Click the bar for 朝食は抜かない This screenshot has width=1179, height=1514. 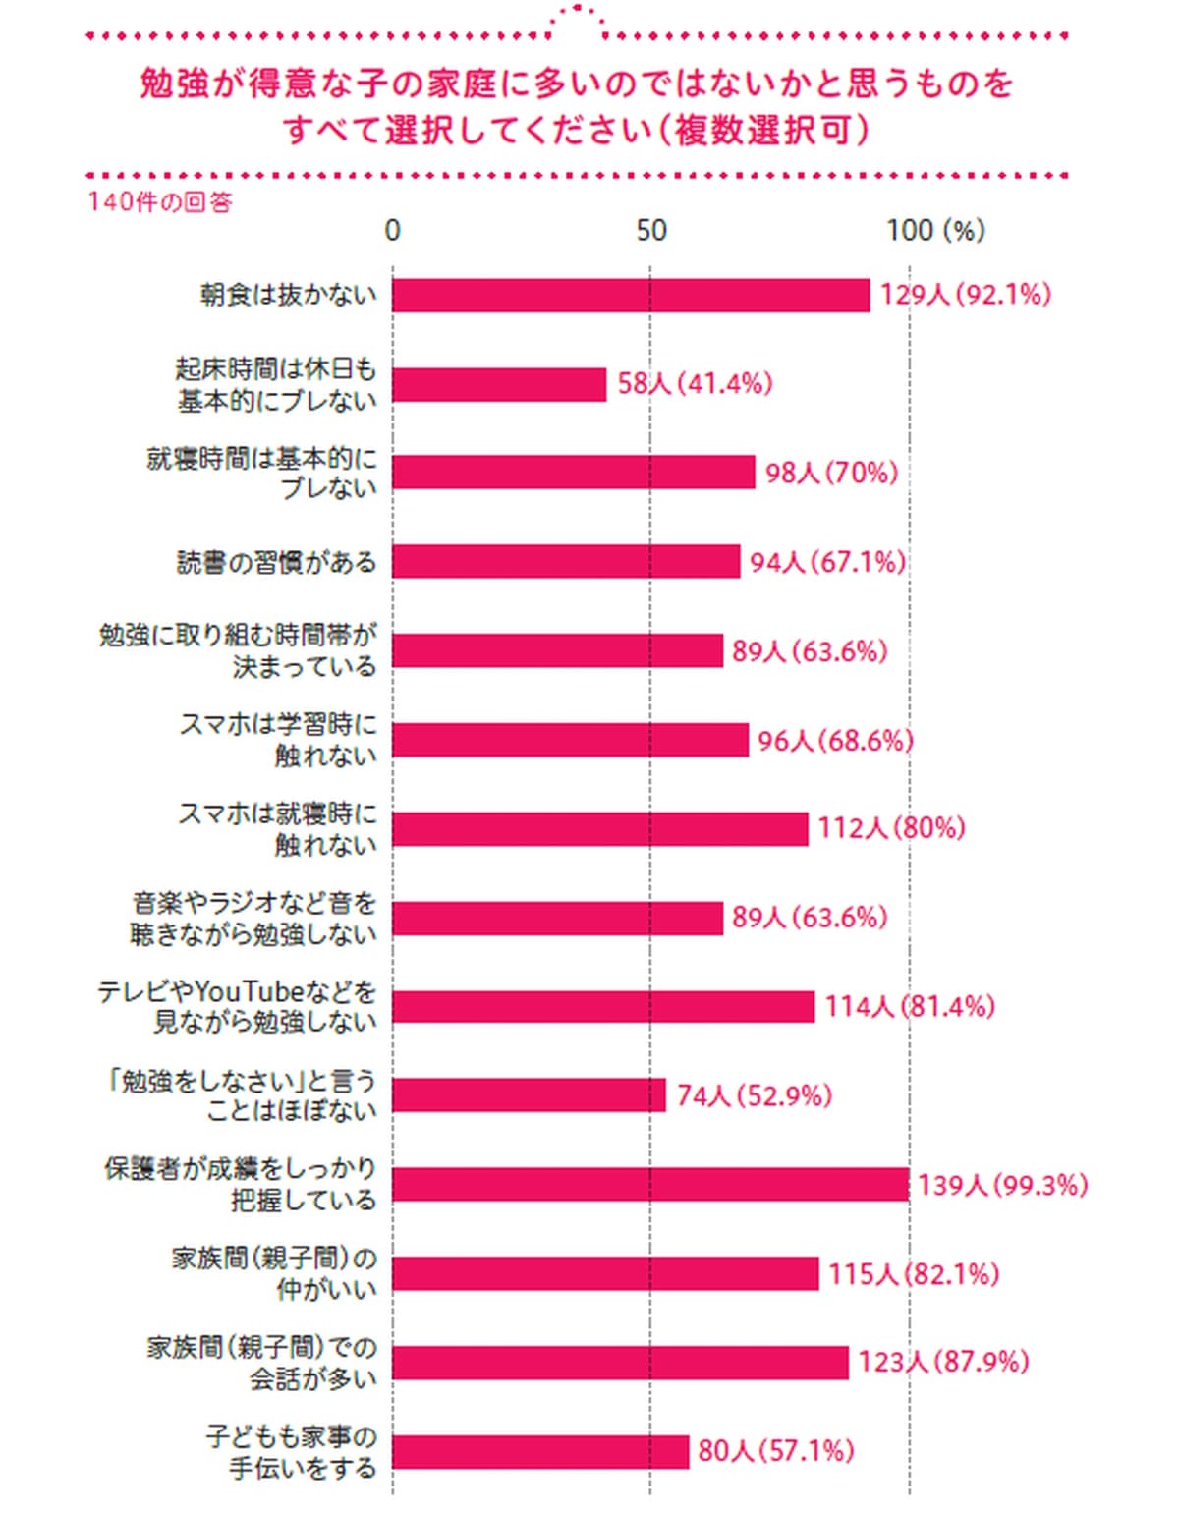pyautogui.click(x=631, y=295)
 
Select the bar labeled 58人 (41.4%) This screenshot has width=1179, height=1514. pyautogui.click(x=499, y=384)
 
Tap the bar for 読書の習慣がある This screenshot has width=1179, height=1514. pyautogui.click(x=566, y=562)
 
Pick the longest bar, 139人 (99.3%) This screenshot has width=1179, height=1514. pyautogui.click(x=650, y=1185)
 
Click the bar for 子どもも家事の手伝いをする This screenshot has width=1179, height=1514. pyautogui.click(x=540, y=1451)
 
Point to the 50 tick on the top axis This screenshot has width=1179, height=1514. pyautogui.click(x=650, y=231)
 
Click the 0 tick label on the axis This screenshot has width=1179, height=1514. pyautogui.click(x=393, y=231)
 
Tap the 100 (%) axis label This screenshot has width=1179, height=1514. pyautogui.click(x=934, y=231)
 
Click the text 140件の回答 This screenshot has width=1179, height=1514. pyautogui.click(x=160, y=202)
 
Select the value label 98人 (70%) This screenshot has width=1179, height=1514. pyautogui.click(x=831, y=474)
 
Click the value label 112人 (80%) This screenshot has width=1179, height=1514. pyautogui.click(x=890, y=828)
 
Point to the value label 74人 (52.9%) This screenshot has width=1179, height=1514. pyautogui.click(x=754, y=1095)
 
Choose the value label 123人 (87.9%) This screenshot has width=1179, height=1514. pyautogui.click(x=942, y=1363)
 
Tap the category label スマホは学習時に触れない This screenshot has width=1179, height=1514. pyautogui.click(x=278, y=740)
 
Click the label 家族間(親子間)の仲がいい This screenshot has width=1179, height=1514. pyautogui.click(x=274, y=1273)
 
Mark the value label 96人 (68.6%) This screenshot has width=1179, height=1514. pyautogui.click(x=835, y=741)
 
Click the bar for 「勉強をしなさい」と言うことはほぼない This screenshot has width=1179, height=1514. pyautogui.click(x=529, y=1095)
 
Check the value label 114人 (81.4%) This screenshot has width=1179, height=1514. pyautogui.click(x=909, y=1007)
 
